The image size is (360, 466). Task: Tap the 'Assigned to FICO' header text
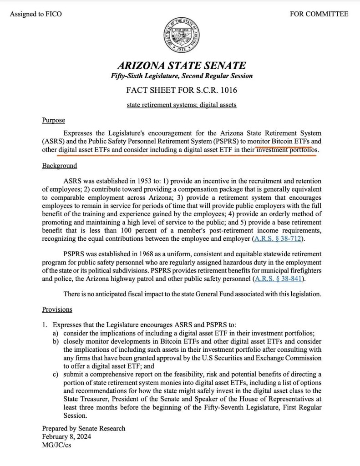click(35, 14)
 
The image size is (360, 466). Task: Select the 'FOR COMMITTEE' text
click(319, 14)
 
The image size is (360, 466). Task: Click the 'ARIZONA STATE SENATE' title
click(182, 66)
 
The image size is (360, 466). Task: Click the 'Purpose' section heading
click(54, 121)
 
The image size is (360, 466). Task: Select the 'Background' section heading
click(60, 166)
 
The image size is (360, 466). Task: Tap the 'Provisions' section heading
click(57, 309)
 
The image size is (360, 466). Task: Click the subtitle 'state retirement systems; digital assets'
click(182, 105)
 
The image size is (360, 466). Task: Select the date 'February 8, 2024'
click(67, 436)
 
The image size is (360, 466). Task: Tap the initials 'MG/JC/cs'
click(56, 445)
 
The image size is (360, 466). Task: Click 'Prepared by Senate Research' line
click(84, 428)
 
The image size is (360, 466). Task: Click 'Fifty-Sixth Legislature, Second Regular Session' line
click(182, 76)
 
